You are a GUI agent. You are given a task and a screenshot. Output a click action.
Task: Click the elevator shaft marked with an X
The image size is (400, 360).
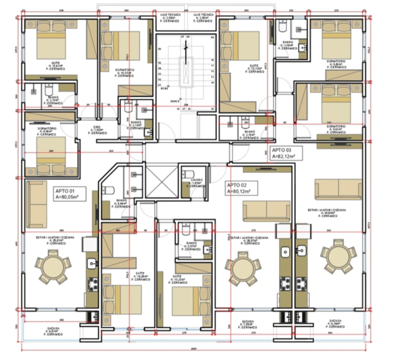click(161, 182)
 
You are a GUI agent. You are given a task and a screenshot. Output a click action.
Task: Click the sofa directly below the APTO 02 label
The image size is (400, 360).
click(267, 211)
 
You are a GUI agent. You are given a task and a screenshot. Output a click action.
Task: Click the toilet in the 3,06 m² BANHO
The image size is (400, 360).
click(283, 27)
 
